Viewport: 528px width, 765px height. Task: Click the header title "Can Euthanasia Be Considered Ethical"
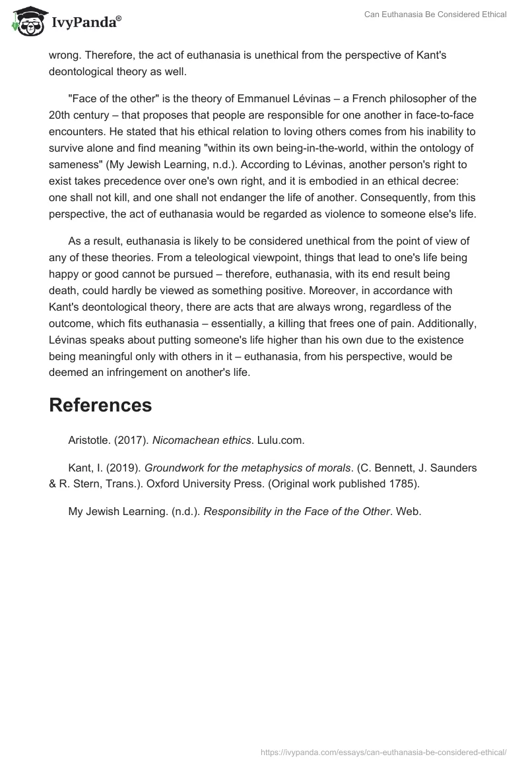(436, 15)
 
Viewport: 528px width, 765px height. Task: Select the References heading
(100, 405)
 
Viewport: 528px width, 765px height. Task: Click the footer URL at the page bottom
(384, 752)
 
